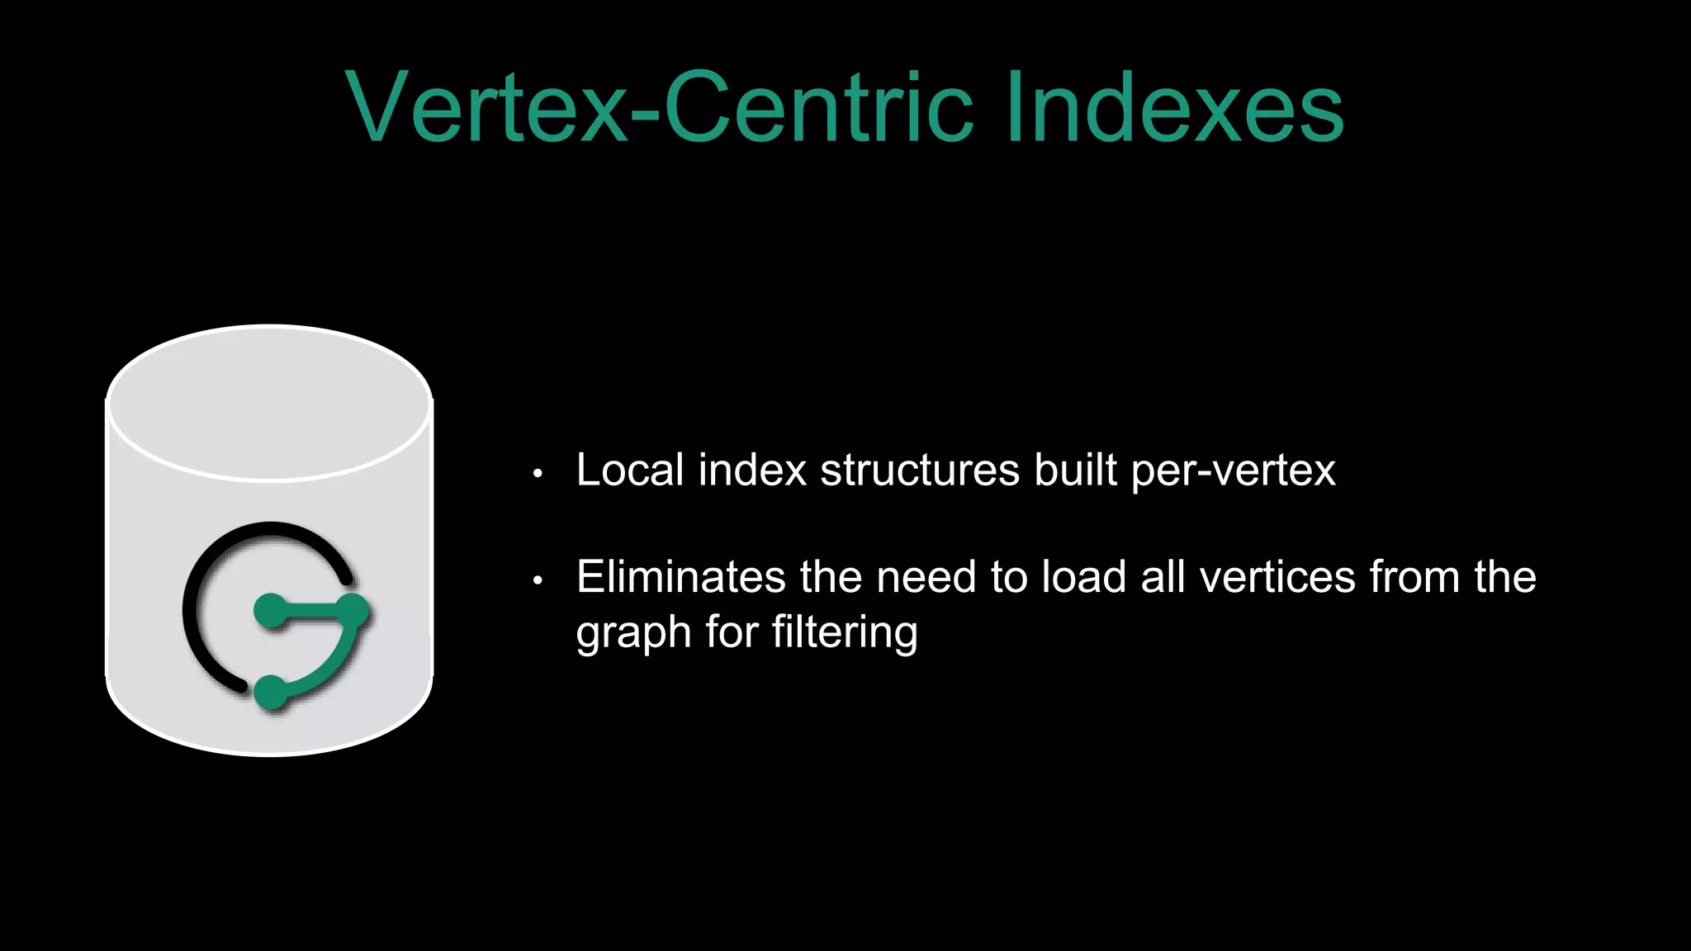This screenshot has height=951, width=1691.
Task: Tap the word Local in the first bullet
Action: (x=630, y=471)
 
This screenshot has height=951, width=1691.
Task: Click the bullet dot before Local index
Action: (x=538, y=474)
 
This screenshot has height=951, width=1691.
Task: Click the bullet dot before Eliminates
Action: (x=538, y=580)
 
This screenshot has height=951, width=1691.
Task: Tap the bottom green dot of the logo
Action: (x=270, y=692)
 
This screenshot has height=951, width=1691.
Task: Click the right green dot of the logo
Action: (x=353, y=611)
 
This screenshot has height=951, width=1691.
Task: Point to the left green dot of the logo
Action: (x=269, y=611)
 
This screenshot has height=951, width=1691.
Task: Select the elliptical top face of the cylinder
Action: (x=269, y=402)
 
